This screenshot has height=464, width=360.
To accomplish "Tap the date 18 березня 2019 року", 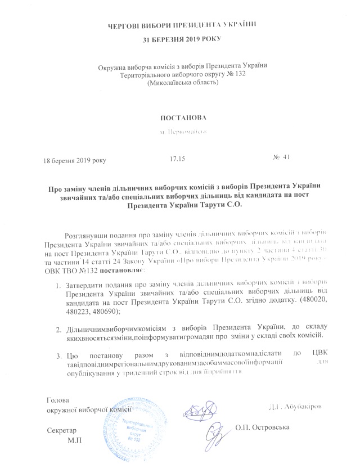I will [74, 160].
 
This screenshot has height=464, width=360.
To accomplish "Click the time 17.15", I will [177, 159].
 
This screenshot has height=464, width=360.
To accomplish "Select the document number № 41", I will [281, 157].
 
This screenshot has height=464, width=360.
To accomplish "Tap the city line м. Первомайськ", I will [181, 132].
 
